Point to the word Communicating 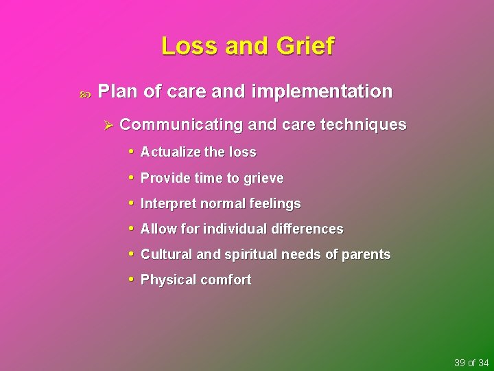coord(181,125)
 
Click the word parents coord(366,255)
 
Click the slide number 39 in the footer coord(460,363)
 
